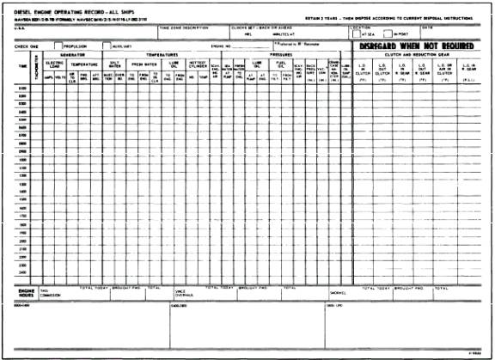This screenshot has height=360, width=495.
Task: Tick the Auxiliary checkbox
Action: click(107, 46)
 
